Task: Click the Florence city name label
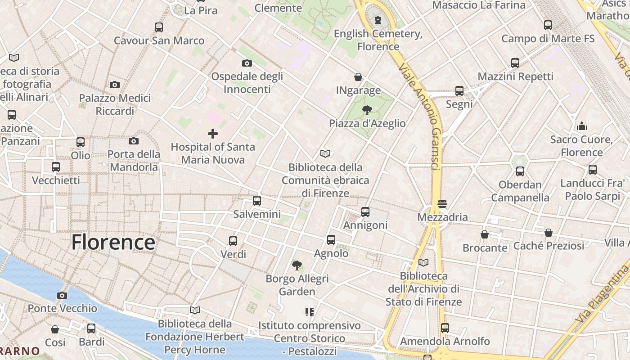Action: [113, 242]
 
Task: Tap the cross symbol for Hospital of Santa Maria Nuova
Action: [213, 134]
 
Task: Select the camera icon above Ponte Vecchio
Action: [62, 295]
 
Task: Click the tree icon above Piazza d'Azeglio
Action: [367, 110]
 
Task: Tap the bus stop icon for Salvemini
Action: [257, 201]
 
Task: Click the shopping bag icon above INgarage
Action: [358, 77]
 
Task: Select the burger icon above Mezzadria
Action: [442, 203]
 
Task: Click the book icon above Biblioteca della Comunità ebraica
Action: [325, 153]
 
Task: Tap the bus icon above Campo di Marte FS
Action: [548, 25]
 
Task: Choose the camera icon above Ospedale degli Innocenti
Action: [247, 63]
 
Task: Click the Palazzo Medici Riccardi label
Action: [115, 104]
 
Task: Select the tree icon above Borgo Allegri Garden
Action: [297, 265]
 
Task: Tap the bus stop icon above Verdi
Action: [233, 241]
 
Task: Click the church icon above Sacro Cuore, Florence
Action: [582, 126]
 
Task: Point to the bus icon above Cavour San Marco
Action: [159, 27]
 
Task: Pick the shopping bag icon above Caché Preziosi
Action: [548, 233]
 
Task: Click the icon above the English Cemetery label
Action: [378, 20]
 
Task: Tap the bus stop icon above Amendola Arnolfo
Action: [445, 328]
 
